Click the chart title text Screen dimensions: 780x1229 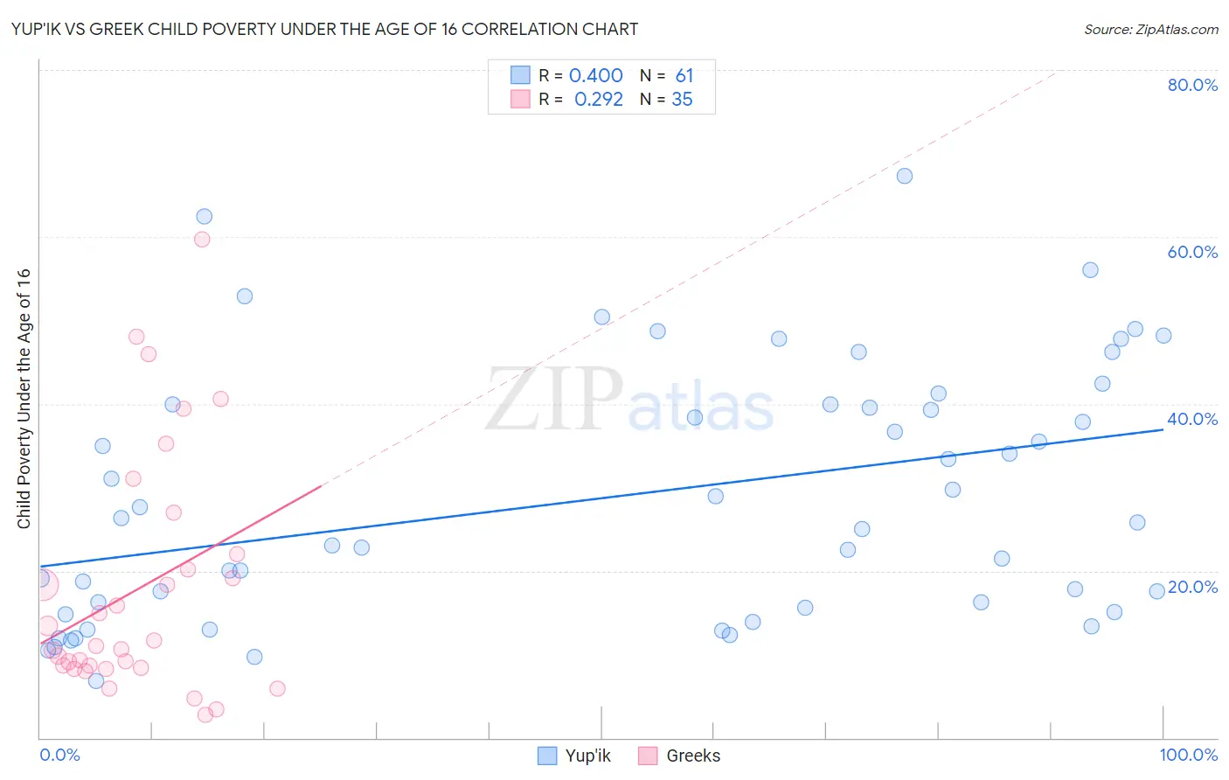click(324, 29)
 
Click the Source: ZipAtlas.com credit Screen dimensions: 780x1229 click(1150, 29)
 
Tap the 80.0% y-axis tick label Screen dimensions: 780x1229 click(1192, 85)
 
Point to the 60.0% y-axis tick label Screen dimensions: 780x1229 click(1192, 252)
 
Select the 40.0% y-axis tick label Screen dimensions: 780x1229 click(1192, 419)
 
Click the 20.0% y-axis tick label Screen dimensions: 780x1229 click(1192, 587)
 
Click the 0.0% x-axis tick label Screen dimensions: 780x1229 click(59, 755)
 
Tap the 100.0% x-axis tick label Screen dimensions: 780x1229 click(1188, 755)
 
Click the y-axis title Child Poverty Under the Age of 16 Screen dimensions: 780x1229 click(24, 398)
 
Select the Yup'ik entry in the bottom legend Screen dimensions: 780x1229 click(587, 756)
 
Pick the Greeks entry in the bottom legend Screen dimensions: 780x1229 click(692, 756)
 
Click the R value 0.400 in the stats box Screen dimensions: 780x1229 click(595, 76)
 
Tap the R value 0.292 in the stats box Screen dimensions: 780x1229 click(598, 100)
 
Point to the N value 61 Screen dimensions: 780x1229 click(684, 76)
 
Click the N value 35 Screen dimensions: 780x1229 click(682, 100)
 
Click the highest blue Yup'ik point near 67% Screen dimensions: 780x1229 click(905, 176)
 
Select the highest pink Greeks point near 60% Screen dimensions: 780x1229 click(202, 240)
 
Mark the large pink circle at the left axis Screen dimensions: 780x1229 click(43, 585)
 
